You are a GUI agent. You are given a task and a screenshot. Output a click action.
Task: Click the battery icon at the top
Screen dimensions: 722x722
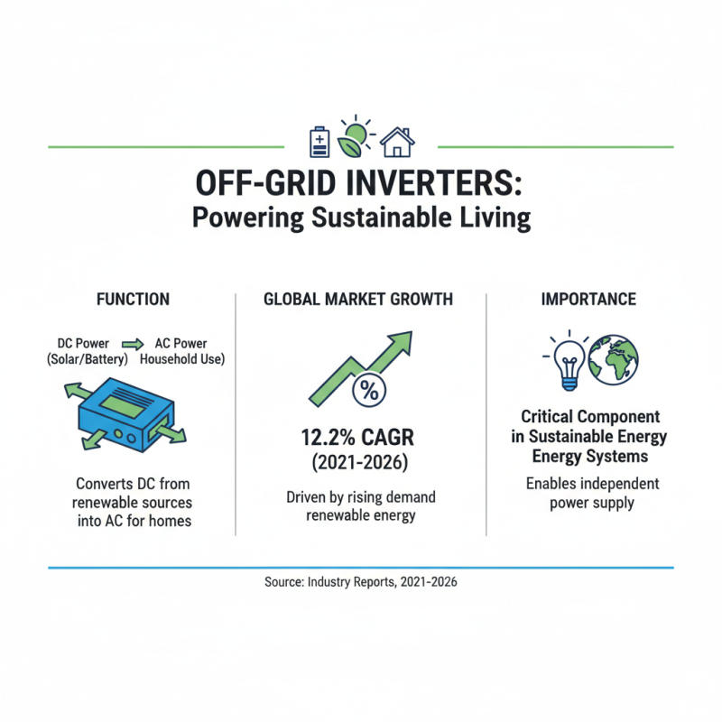pos(319,141)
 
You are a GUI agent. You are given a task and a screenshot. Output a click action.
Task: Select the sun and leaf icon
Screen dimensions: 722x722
pos(356,137)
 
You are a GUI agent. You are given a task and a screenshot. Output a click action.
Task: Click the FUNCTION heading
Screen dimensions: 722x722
pos(133,299)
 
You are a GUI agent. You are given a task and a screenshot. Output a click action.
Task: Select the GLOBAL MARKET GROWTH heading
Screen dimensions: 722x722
pos(358,299)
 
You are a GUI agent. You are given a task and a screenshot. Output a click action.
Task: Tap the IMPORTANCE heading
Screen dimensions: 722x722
pos(588,299)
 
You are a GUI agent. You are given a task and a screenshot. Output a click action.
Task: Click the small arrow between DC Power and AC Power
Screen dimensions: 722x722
pos(134,344)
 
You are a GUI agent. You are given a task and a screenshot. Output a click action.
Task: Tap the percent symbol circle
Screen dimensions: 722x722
pos(368,390)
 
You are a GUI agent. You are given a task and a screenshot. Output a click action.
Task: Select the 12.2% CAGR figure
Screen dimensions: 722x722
pos(358,439)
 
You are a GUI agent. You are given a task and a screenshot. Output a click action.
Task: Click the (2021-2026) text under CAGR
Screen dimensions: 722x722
pos(358,464)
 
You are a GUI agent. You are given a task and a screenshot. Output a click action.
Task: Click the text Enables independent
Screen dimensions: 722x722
pos(592,484)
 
